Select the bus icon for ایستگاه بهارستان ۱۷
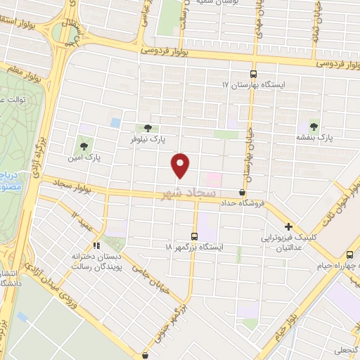pos(254,73)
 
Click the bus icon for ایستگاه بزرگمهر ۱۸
pos(195,237)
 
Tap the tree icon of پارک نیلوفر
pos(147,128)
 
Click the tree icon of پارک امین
pos(84,147)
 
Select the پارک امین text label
pos(88,158)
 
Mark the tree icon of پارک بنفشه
pos(314,127)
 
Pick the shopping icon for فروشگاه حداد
pos(243,192)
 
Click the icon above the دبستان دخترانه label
pos(97,245)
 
